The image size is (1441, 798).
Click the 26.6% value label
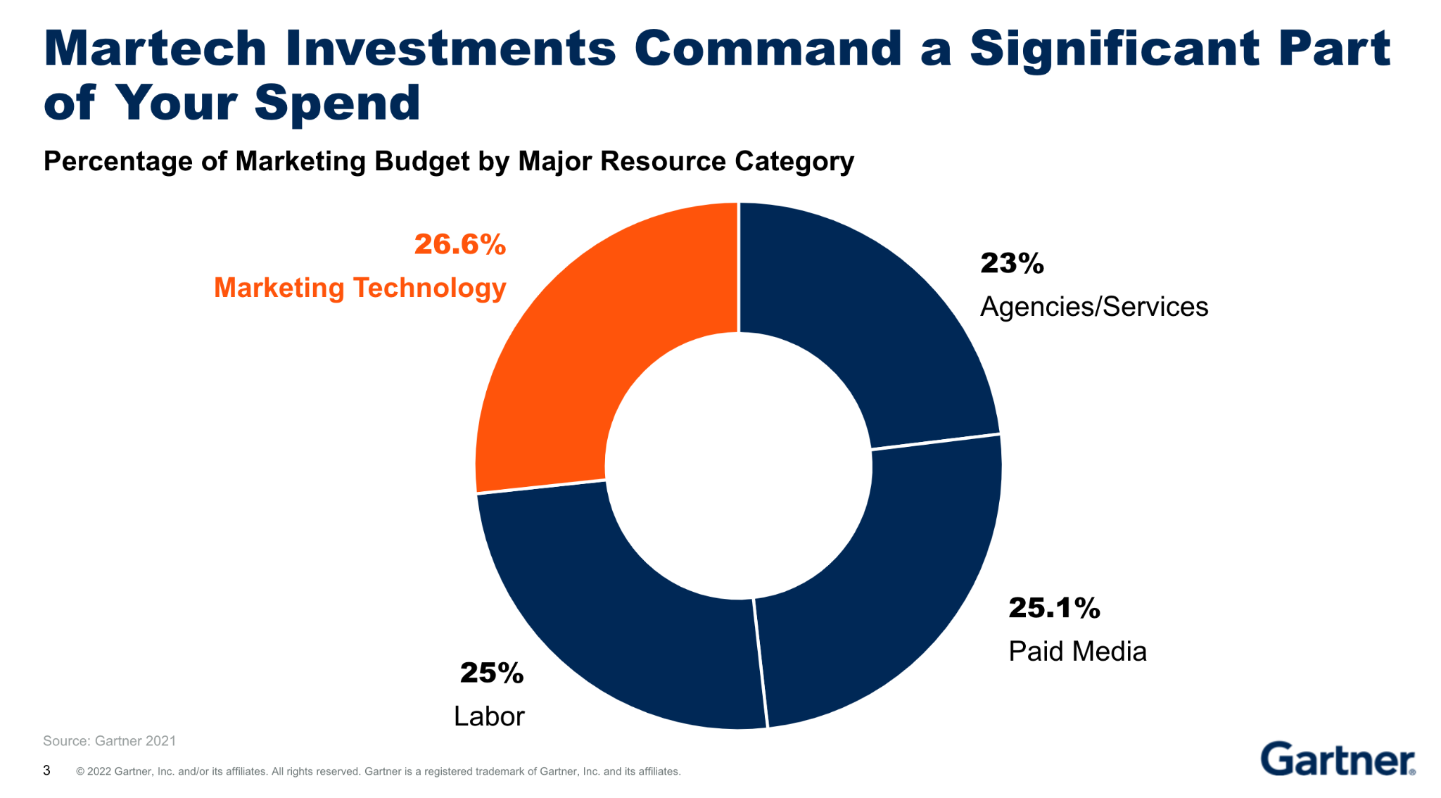460,244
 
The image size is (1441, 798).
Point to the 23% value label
1012,263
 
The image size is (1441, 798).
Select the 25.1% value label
1054,608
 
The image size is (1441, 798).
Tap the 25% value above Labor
492,673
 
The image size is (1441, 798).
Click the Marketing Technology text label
360,288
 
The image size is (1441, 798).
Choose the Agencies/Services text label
1094,307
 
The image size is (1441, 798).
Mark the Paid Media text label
1077,652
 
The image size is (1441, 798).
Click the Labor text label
489,716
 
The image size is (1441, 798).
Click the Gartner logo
1338,759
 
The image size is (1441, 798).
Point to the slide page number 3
46,771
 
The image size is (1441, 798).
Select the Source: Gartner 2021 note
109,741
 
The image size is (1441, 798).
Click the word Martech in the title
155,49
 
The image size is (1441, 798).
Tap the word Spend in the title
337,103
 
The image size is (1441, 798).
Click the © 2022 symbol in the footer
80,772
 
